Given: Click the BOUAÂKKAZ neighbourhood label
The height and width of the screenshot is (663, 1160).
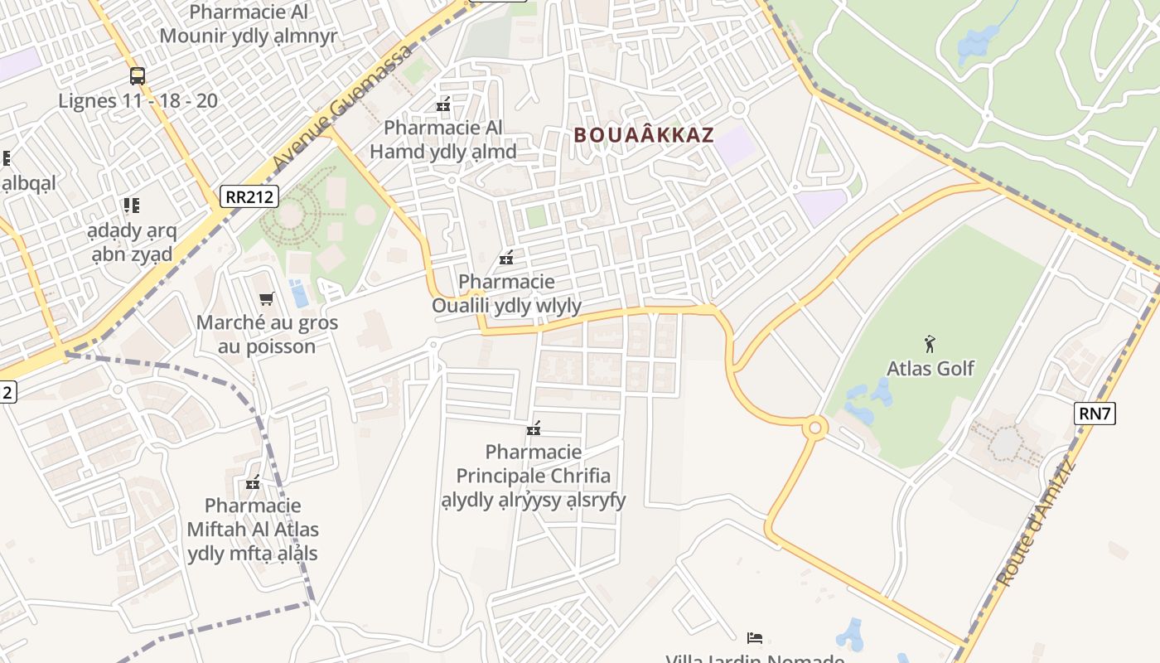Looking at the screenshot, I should pos(644,135).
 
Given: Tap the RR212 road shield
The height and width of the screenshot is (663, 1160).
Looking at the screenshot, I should pos(249,196).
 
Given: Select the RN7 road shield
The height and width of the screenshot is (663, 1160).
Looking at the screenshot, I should pos(1094,413).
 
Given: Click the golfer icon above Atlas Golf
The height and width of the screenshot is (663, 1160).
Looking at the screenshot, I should pos(930,343).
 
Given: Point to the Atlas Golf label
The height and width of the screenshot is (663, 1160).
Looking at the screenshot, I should pos(930,368).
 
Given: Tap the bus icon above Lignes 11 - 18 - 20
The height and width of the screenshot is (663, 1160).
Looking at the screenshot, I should pos(138,76).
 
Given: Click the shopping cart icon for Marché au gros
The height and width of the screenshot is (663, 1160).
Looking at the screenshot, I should pos(266,298).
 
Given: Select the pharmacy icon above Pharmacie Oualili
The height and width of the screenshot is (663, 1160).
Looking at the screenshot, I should pos(506,258).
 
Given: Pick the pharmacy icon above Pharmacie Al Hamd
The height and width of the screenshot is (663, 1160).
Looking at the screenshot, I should pos(443,104).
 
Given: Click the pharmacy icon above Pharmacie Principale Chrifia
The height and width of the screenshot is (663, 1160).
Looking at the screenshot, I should pos(534,428).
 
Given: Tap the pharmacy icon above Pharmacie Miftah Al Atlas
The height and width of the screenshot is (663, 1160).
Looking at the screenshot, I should pos(253,482).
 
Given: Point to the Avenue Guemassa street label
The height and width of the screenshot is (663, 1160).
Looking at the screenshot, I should pos(341,105).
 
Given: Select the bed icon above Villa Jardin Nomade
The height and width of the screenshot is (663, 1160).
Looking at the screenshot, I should pos(754,637).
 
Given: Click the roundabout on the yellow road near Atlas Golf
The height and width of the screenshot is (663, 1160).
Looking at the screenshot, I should pos(815,428).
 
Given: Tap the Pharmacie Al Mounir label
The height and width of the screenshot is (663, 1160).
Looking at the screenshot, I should pos(249,24).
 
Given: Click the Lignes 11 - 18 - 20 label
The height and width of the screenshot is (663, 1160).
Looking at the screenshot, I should pos(138,101).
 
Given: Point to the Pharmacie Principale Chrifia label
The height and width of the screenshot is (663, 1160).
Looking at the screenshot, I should pos(534,476).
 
